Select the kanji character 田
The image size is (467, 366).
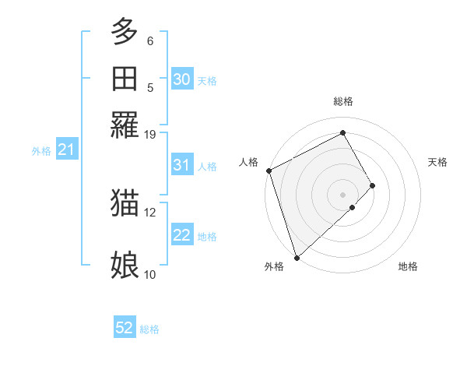125,79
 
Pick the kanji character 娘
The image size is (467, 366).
125,266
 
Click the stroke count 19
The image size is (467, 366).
150,134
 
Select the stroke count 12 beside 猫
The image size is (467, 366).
150,212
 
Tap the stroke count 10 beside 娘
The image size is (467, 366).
150,274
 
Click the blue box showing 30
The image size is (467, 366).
181,79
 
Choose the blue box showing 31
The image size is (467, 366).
181,165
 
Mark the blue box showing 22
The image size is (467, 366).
181,235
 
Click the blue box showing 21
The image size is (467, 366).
65,150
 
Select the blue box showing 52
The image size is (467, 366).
125,329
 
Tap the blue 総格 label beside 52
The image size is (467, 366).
149,329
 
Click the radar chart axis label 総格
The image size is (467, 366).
342,101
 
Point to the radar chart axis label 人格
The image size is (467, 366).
249,162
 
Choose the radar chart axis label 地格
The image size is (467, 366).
408,266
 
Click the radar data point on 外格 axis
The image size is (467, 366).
297,257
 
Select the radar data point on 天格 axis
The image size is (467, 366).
373,185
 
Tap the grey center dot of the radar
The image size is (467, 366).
342,194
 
